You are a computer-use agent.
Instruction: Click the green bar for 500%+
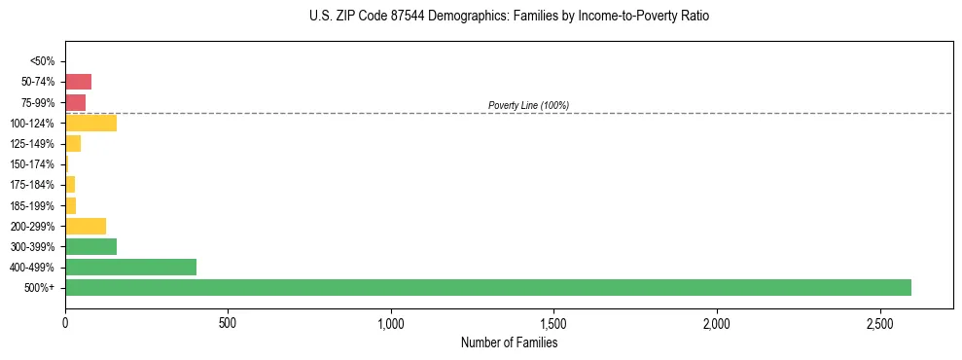point(487,287)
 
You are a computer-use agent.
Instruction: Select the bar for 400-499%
point(130,267)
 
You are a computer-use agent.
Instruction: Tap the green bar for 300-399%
point(90,246)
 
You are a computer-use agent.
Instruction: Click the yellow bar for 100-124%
point(90,123)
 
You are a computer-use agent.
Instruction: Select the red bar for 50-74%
point(78,82)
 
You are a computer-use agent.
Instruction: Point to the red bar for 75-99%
point(75,102)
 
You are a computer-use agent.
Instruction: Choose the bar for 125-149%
point(73,143)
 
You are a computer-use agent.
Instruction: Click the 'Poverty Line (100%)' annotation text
point(528,105)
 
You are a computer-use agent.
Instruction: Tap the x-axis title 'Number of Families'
point(509,342)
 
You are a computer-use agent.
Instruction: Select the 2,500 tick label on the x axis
point(879,322)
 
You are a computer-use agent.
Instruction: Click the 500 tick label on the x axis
point(228,322)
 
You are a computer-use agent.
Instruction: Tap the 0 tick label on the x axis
point(65,322)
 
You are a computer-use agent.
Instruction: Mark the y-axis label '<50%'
point(43,61)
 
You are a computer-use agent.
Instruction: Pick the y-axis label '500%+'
point(41,288)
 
